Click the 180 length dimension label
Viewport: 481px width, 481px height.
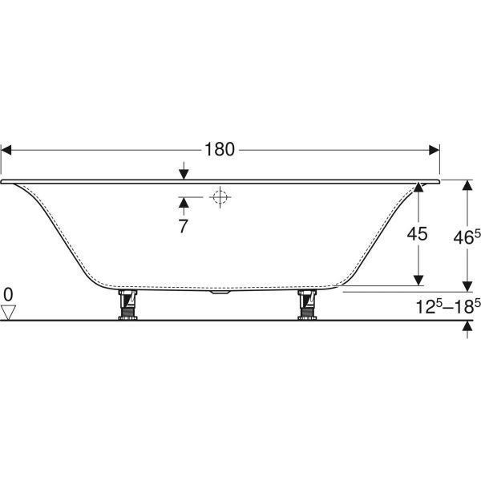[x=220, y=149]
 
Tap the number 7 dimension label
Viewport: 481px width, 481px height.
[x=183, y=226]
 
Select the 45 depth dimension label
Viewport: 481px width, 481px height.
[x=417, y=234]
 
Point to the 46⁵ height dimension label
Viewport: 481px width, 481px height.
[x=467, y=237]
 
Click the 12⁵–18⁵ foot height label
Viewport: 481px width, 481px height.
[x=448, y=306]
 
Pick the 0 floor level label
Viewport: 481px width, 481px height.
[x=8, y=295]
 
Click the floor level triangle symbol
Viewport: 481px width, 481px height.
[x=8, y=313]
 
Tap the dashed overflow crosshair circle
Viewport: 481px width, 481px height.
[x=220, y=197]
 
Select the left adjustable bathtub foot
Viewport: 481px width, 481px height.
[x=127, y=305]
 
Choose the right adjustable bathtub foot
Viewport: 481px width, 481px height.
[x=307, y=305]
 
